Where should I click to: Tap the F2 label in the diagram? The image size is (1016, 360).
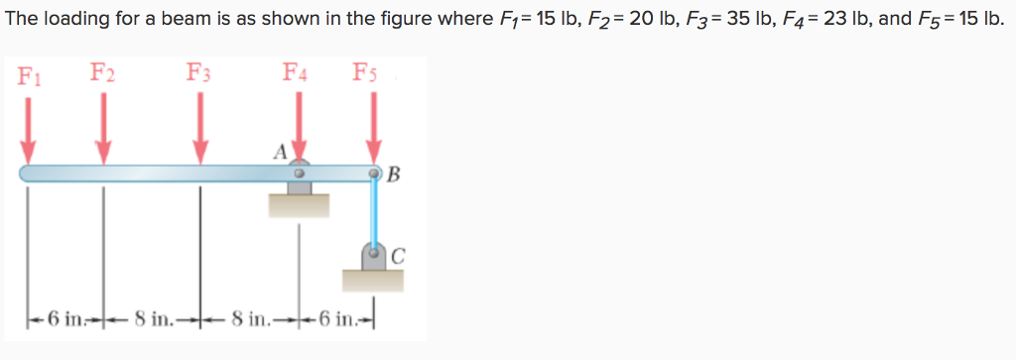[102, 72]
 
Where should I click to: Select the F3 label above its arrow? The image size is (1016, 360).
[198, 72]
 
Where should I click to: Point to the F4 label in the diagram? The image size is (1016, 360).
[296, 72]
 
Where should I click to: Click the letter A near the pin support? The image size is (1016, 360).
[281, 152]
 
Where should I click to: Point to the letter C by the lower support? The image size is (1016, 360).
[397, 254]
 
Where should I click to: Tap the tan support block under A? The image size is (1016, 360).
[299, 205]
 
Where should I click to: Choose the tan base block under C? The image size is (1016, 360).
[374, 280]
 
